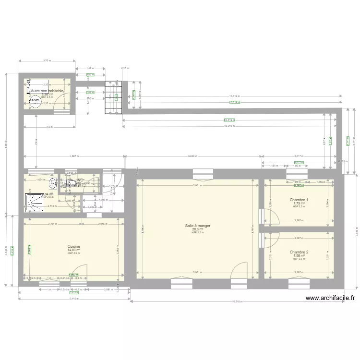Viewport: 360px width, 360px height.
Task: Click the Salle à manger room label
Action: [197, 225]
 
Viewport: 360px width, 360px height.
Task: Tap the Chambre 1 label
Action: [299, 200]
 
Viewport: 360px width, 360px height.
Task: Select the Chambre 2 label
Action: [299, 252]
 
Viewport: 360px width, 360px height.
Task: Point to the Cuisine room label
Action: [74, 246]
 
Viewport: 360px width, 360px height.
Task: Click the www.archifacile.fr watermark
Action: [330, 298]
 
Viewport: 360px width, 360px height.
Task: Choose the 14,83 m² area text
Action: [74, 250]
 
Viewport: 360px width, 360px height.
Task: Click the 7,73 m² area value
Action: [299, 204]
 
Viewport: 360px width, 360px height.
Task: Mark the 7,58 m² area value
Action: [299, 256]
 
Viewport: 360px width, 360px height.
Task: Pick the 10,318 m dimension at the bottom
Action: [236, 302]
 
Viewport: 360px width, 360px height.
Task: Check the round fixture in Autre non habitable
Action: [35, 101]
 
